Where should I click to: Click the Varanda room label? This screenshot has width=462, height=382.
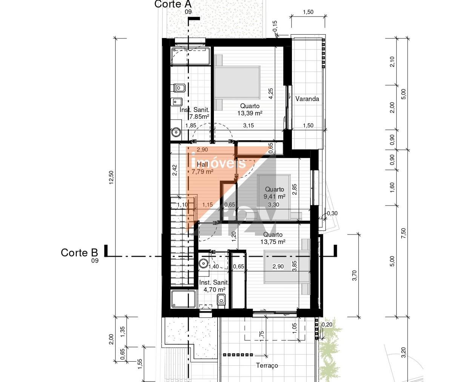(x=307, y=99)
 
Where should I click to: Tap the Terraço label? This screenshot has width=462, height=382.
(x=267, y=365)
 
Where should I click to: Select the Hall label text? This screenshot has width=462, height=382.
(x=202, y=164)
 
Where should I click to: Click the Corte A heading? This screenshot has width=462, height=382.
(x=173, y=4)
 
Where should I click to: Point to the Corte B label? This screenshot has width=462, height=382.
(x=79, y=253)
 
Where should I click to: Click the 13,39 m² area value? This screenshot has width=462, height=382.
(x=250, y=113)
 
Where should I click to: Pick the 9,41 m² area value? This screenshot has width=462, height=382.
(x=274, y=196)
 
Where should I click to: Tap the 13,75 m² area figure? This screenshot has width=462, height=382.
(x=273, y=242)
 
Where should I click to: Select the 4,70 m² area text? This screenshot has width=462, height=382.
(x=214, y=290)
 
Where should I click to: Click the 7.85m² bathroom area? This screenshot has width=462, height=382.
(x=199, y=117)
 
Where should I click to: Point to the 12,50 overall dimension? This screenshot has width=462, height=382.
(x=111, y=177)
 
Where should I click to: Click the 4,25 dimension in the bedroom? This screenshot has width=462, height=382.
(x=271, y=94)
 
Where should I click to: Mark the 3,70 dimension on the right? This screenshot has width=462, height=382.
(x=355, y=276)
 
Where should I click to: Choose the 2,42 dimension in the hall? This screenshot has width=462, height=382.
(x=175, y=170)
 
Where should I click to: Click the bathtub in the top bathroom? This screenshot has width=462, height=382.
(x=190, y=57)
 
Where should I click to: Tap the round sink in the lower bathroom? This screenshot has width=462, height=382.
(x=203, y=264)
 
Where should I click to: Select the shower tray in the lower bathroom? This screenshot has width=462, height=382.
(x=183, y=299)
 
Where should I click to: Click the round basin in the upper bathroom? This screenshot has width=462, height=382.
(x=176, y=132)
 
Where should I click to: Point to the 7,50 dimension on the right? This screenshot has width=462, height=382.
(x=404, y=233)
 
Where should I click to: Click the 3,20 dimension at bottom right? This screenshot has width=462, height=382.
(x=404, y=352)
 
